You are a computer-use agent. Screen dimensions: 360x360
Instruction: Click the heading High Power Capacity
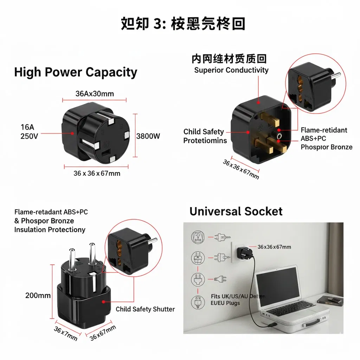click(x=76, y=72)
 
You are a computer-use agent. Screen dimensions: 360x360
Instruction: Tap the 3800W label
click(x=148, y=136)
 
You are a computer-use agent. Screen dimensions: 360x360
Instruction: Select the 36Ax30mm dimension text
click(x=95, y=94)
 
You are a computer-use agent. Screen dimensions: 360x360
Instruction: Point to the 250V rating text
click(x=29, y=136)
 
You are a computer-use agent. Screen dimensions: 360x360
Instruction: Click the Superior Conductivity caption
click(x=231, y=70)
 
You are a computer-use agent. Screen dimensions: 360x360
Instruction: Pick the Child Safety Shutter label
click(x=145, y=309)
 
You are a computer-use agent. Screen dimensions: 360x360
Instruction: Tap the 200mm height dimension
click(x=38, y=295)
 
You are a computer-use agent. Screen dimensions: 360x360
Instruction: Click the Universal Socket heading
click(x=236, y=211)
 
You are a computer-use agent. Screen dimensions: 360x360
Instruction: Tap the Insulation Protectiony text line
click(x=50, y=230)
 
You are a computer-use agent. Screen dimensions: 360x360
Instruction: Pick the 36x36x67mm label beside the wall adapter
click(x=274, y=247)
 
